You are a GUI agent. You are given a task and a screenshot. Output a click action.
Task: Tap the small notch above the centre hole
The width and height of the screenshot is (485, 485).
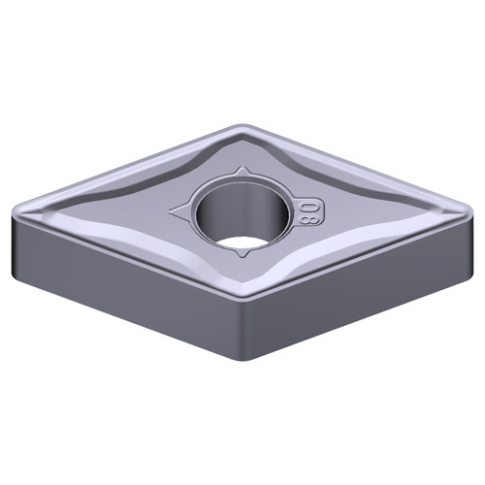pyautogui.click(x=239, y=172)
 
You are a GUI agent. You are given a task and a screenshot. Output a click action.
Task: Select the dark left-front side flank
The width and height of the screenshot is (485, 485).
pyautogui.click(x=116, y=281)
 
